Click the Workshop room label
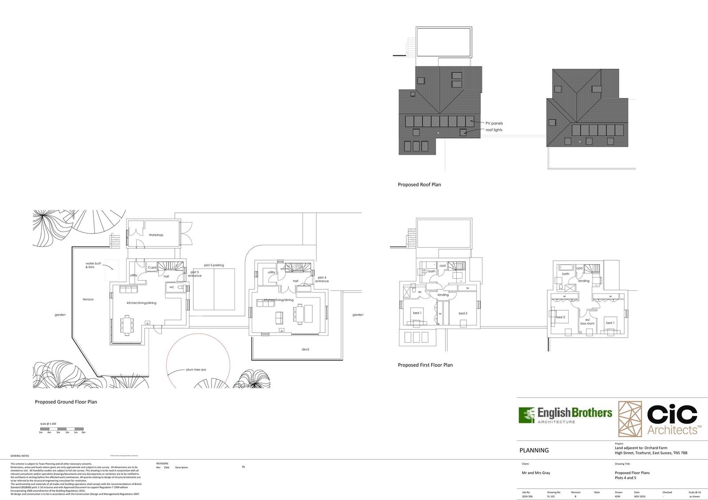point(156,235)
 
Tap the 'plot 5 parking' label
point(214,265)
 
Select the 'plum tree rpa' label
point(196,369)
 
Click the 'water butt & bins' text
point(93,265)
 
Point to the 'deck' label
point(305,349)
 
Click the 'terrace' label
point(88,300)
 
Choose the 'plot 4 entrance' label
point(322,279)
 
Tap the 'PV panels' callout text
point(494,123)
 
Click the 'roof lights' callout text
point(494,130)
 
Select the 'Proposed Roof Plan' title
point(419,185)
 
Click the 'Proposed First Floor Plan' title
point(425,365)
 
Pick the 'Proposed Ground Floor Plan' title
point(65,402)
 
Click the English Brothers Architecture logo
point(565,415)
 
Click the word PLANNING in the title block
point(534,450)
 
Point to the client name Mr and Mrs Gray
point(536,473)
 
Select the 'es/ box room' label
point(587,321)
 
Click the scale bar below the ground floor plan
point(62,429)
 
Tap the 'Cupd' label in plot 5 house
point(152,267)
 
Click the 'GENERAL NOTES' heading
point(19,456)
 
